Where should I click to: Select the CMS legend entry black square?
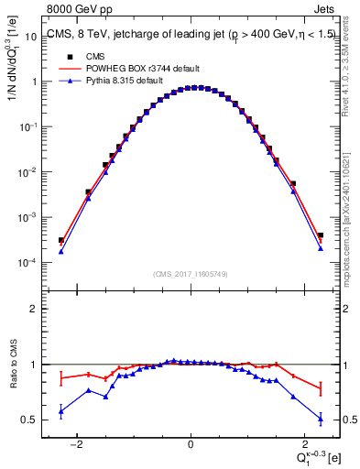pyautogui.click(x=66, y=55)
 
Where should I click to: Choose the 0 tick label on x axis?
pyautogui.click(x=191, y=444)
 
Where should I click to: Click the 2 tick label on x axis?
pyautogui.click(x=302, y=444)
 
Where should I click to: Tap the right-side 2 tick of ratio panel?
pyautogui.click(x=343, y=309)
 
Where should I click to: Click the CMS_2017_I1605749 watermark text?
pyautogui.click(x=190, y=274)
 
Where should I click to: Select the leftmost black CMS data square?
pyautogui.click(x=60, y=241)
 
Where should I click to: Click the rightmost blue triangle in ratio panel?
pyautogui.click(x=321, y=419)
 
